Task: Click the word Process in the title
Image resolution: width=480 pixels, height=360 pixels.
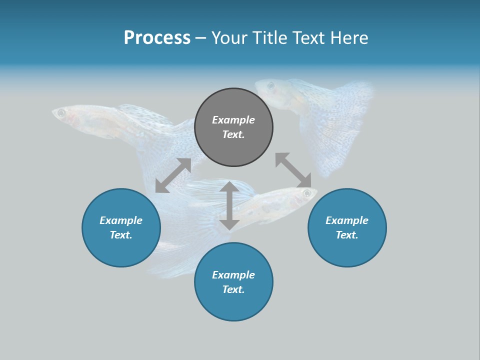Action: coord(157,38)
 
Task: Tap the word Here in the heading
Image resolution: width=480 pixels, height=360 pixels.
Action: coord(348,38)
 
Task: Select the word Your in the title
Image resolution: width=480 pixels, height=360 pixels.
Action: coord(228,38)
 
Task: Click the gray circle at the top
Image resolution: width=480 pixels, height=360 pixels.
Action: coord(233,127)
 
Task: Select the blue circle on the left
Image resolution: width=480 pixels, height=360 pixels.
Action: coord(121,227)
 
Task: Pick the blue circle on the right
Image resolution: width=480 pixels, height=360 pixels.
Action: coord(347,227)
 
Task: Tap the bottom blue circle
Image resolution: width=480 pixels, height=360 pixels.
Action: coord(233,281)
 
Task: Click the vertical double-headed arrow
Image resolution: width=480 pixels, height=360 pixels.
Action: coord(229,205)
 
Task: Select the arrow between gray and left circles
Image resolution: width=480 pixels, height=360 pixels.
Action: coord(173,175)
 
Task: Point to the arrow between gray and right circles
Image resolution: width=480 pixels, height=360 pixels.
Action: coord(293,170)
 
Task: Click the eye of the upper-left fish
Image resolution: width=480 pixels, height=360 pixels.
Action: coord(61,113)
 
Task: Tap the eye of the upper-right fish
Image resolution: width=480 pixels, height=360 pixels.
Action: coord(270,85)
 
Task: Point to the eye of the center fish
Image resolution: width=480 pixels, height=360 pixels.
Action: coord(305,192)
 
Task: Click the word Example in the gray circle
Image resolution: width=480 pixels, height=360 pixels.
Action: coord(233,120)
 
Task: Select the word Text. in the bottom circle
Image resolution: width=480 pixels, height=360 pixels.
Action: coord(233,289)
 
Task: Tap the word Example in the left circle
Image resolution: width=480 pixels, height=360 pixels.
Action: coord(121,220)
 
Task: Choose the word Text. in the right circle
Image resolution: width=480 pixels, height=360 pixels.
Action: coord(347,235)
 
